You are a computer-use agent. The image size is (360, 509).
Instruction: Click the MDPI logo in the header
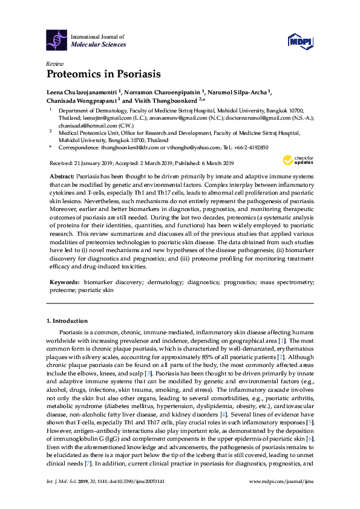(x=300, y=41)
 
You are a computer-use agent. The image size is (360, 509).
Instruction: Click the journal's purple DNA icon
(x=57, y=39)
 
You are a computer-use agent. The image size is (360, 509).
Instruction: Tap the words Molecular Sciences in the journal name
(x=99, y=44)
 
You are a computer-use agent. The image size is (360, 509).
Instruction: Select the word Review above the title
(x=54, y=63)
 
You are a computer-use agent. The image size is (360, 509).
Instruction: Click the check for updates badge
(x=296, y=160)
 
